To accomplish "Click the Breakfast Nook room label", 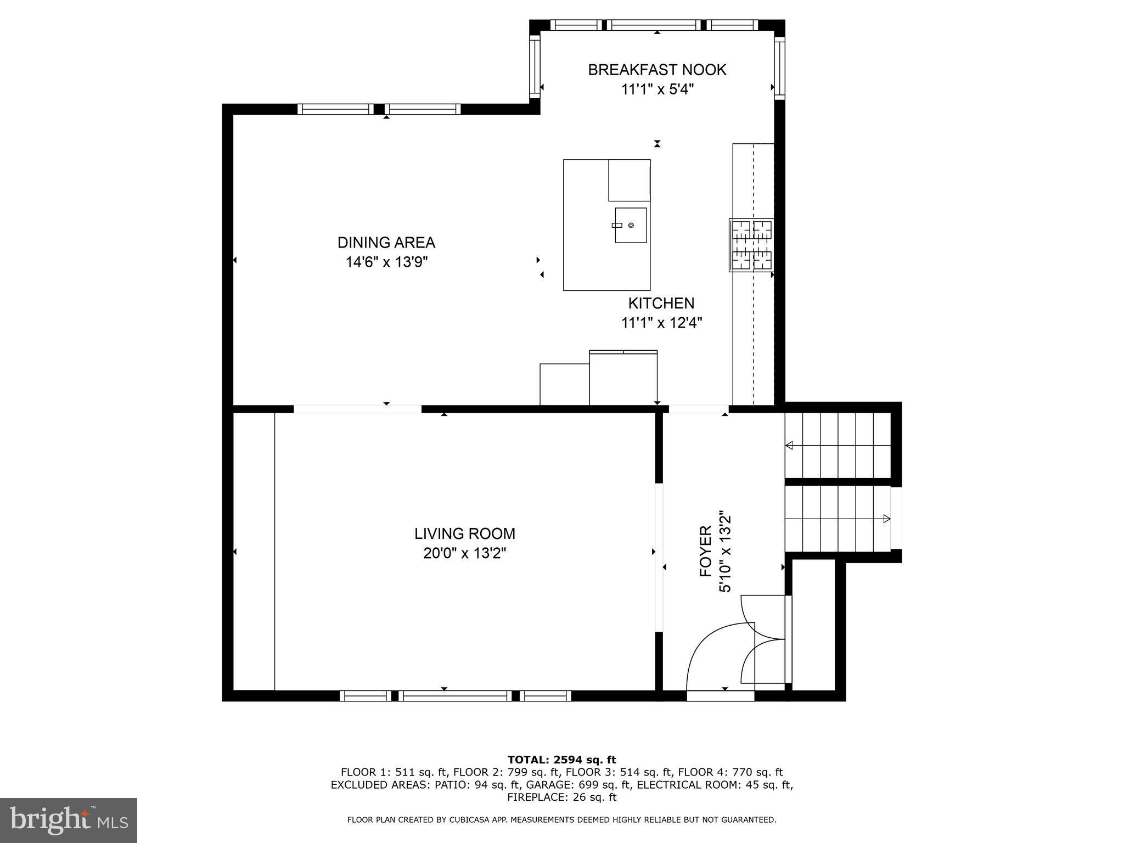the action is coord(657,70).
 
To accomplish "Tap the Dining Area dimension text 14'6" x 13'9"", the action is coord(386,262).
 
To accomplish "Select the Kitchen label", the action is coord(661,303).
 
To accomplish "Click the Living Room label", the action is coord(465,533).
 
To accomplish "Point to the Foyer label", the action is coord(706,551).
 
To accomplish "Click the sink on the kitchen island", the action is coord(631,225).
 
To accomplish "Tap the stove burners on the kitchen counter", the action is coord(751,245).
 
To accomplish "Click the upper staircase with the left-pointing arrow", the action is coord(838,446).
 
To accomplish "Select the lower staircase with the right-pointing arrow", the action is coord(838,519).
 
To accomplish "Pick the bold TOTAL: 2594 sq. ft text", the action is coord(561,760).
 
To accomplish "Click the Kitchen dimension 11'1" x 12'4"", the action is coord(661,323).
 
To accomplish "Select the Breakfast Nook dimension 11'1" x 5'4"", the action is coord(657,89).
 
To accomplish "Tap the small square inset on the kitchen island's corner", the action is coord(629,180).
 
